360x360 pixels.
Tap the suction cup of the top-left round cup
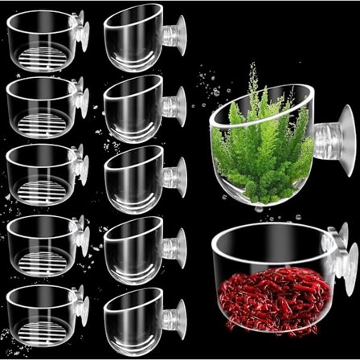click(83, 32)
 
